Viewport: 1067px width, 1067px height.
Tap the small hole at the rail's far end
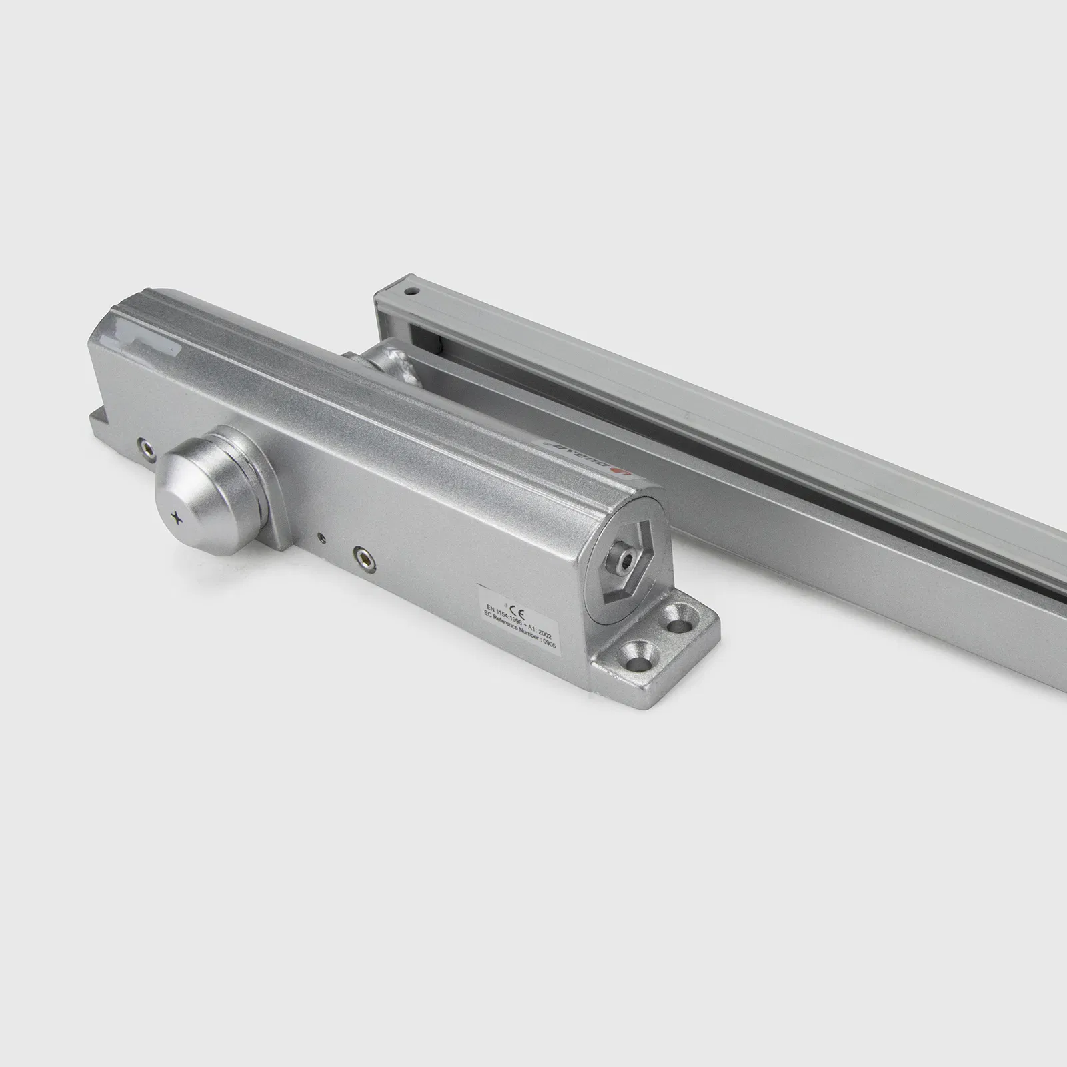pyautogui.click(x=412, y=292)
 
